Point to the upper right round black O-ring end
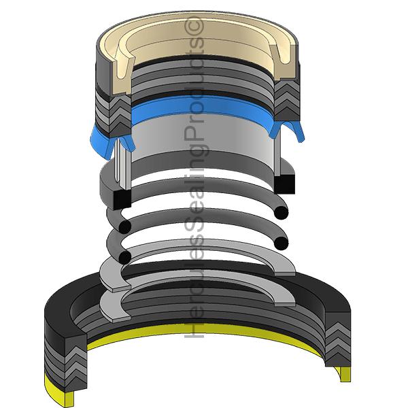click(280, 212)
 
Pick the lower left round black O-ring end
click(124, 256)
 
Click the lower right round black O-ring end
click(280, 242)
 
